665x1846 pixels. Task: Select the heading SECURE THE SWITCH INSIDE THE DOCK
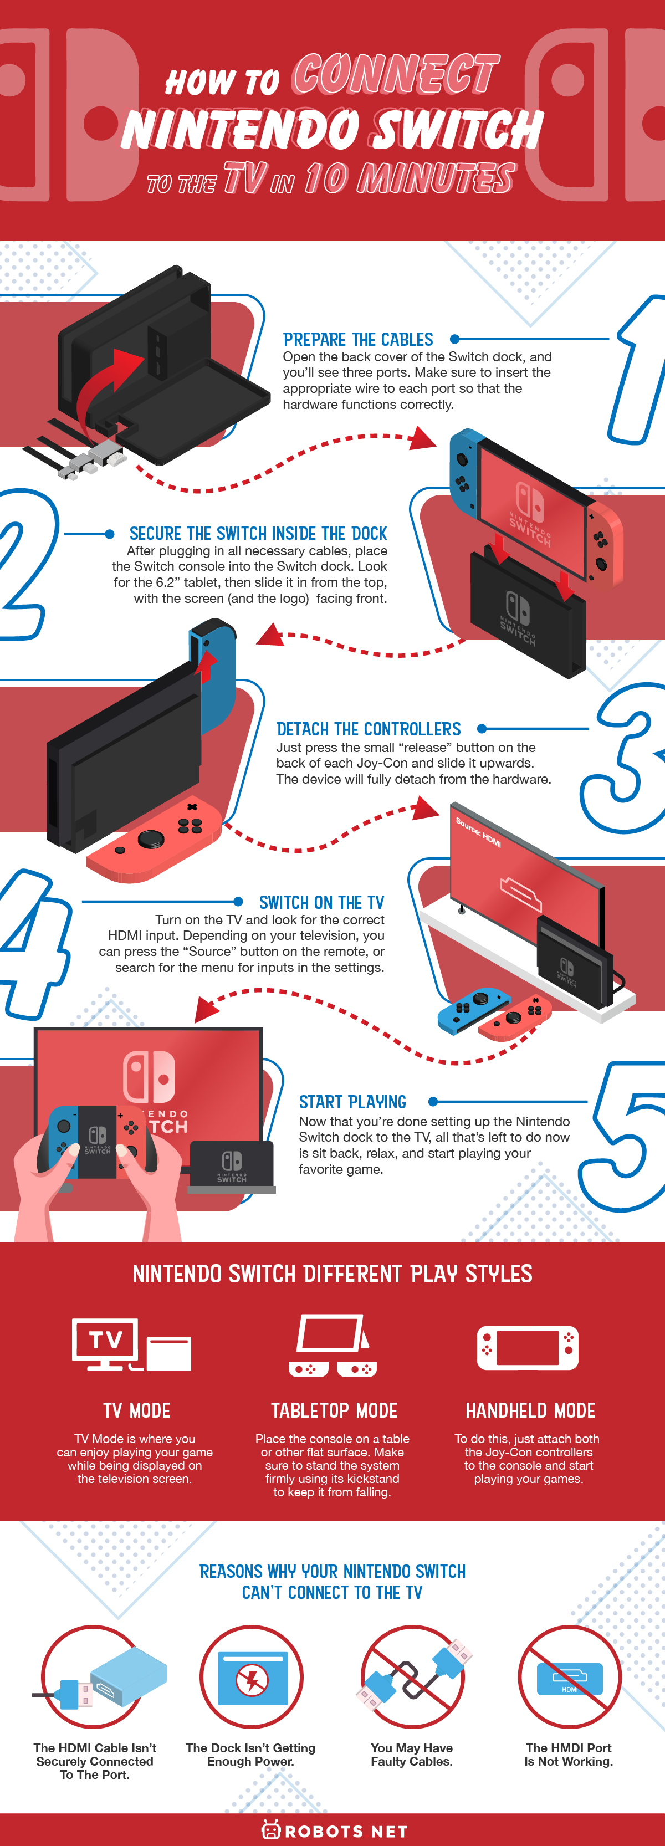[258, 534]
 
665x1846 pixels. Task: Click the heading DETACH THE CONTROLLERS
[369, 729]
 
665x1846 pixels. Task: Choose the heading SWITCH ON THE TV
[321, 903]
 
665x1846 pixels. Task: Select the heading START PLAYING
[352, 1102]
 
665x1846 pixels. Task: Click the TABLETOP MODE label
[334, 1410]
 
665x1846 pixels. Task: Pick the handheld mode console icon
[528, 1348]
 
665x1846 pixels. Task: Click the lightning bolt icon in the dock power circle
[252, 1679]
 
